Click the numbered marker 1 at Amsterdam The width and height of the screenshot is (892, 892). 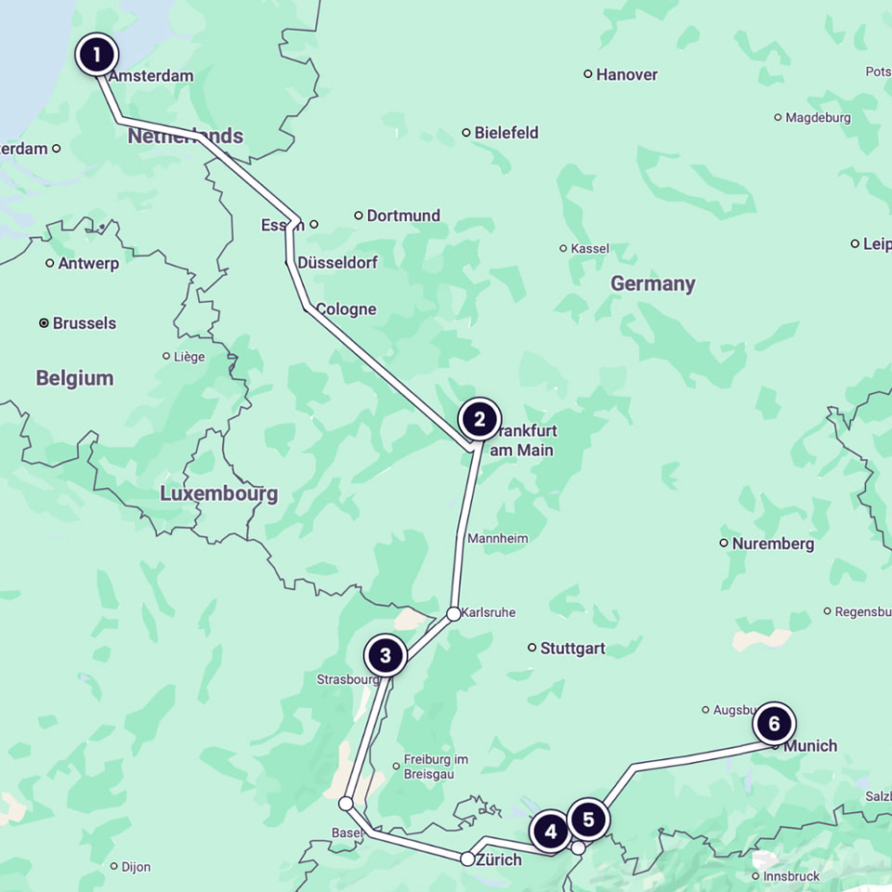coord(97,54)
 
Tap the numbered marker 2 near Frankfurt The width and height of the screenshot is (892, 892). coord(479,419)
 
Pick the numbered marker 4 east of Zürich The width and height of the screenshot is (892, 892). coord(550,832)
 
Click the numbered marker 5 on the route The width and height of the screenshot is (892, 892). coord(588,820)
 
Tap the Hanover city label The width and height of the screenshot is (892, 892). coord(626,74)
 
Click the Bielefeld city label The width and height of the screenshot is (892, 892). coord(505,133)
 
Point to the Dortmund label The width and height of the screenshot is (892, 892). coord(403,216)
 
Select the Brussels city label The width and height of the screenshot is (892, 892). coord(84,323)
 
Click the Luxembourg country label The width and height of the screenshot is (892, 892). coord(218,493)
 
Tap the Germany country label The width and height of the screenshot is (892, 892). coord(652,283)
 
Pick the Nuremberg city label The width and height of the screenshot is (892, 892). coord(772,544)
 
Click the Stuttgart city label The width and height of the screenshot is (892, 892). coord(572,649)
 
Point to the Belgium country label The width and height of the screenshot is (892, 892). coord(74,378)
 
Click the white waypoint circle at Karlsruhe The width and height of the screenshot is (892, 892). coord(453,613)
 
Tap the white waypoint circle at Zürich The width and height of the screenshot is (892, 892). coord(467,859)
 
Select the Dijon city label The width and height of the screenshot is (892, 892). coord(136,867)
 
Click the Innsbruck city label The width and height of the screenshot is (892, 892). coord(791,876)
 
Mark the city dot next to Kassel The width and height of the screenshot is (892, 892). coord(563,248)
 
